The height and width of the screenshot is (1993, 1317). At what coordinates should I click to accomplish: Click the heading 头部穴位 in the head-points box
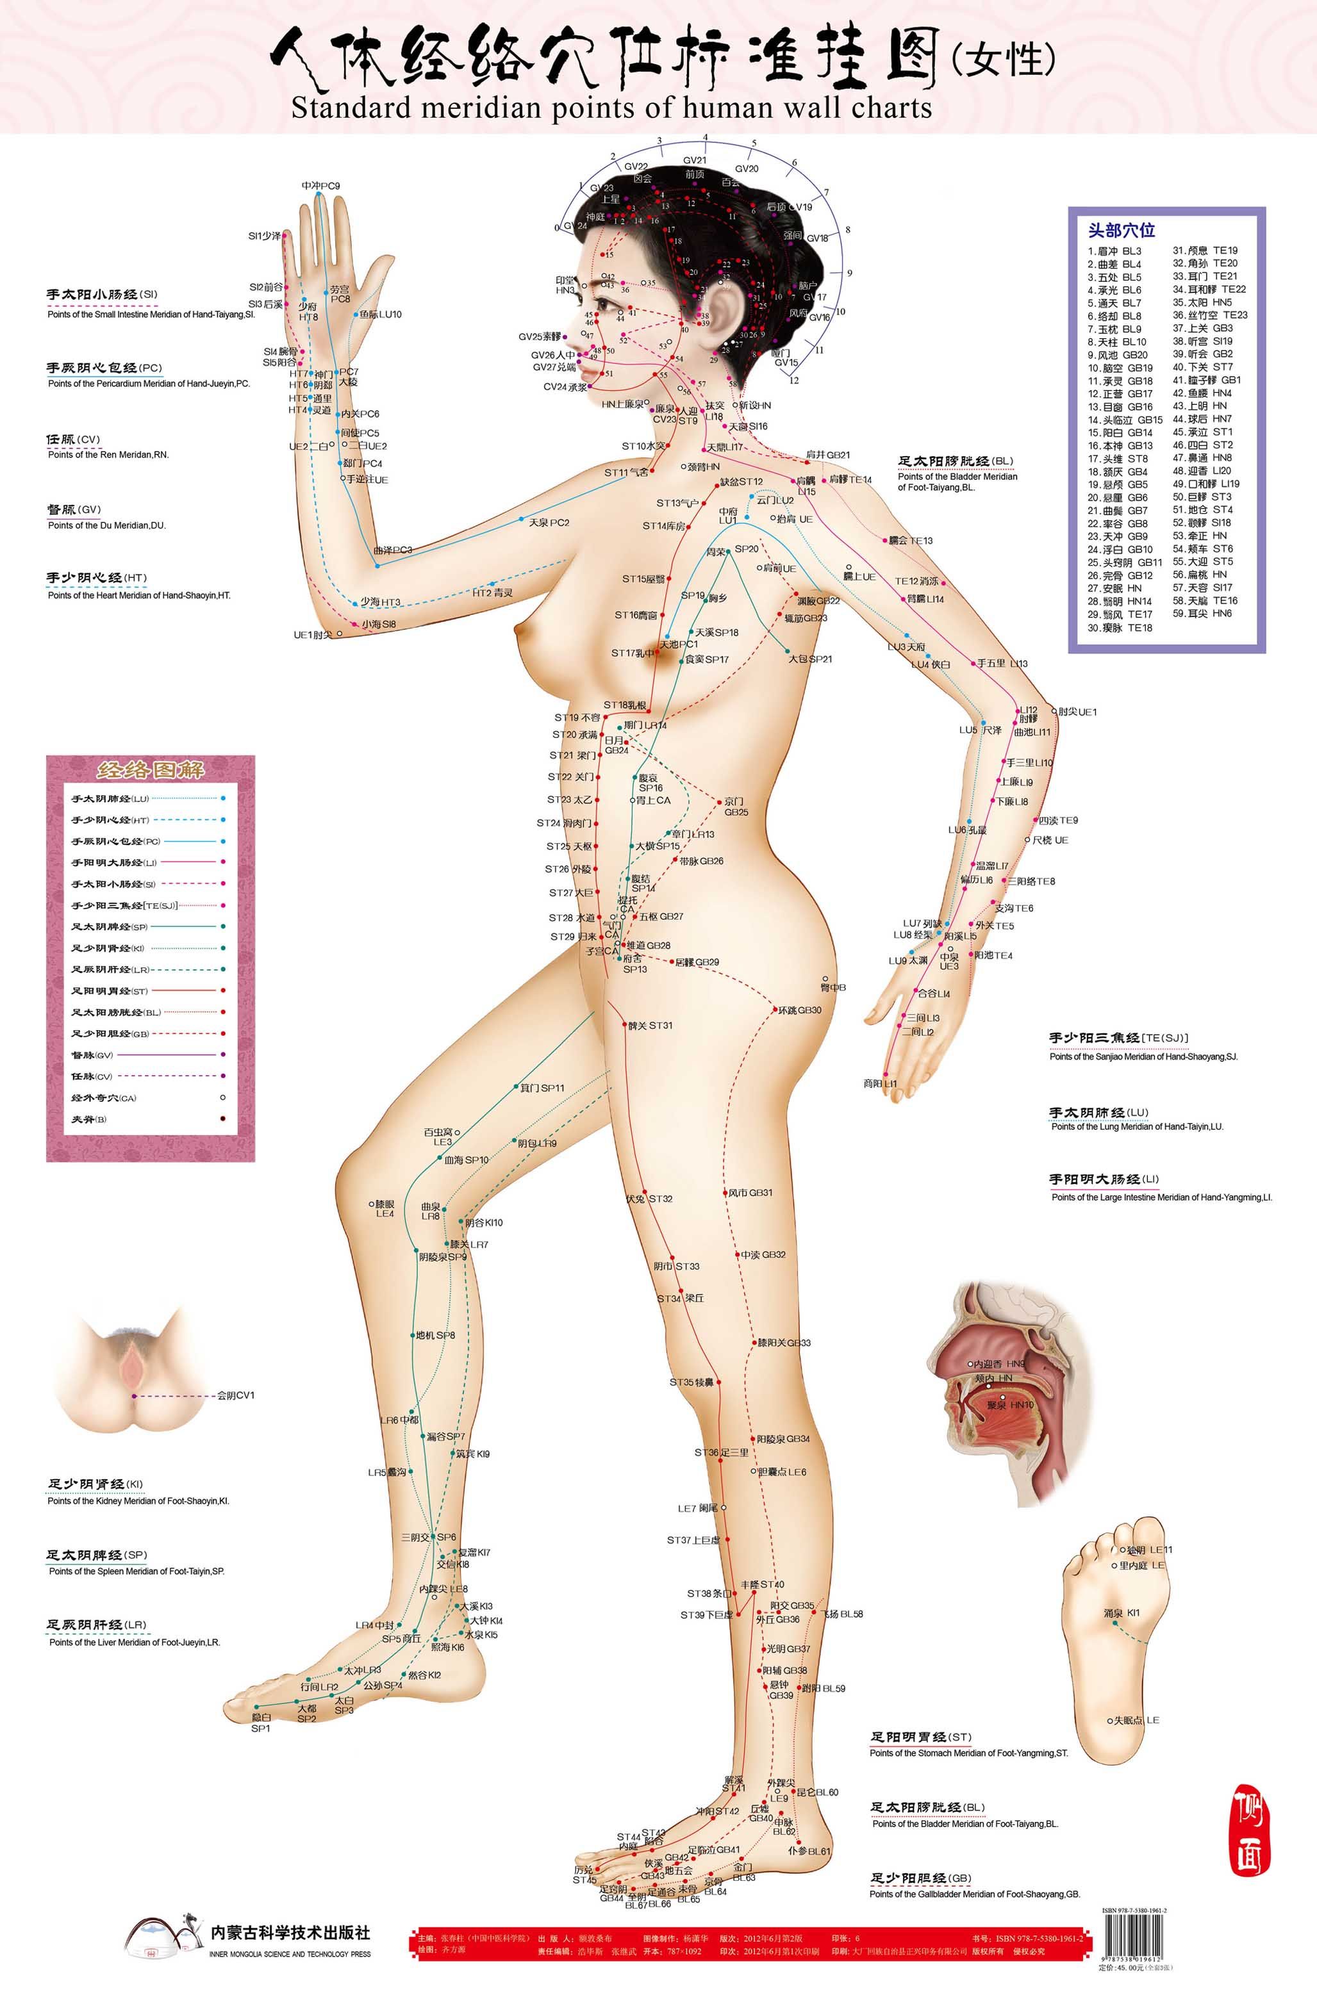(x=1122, y=229)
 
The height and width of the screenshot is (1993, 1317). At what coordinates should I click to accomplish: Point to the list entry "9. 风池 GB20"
(x=1118, y=355)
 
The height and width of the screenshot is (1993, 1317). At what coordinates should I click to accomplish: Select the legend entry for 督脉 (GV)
(x=92, y=1055)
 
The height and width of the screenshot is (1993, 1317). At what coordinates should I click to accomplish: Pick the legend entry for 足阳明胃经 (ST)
(x=109, y=990)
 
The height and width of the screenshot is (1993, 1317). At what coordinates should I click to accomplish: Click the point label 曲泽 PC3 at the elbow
(x=393, y=550)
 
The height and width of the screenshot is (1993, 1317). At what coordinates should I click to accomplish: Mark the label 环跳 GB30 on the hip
(x=799, y=1010)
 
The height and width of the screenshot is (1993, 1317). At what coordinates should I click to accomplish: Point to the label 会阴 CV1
(x=236, y=1395)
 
